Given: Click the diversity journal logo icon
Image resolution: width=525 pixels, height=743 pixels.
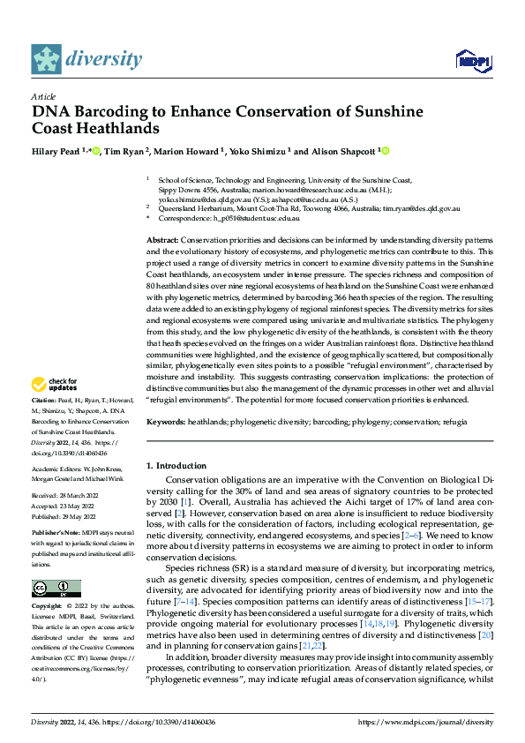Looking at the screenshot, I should tap(46, 59).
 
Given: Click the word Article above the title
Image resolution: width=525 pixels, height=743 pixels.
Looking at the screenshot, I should tap(42, 95).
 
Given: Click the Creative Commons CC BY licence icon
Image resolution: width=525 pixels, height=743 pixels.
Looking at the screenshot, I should tap(56, 589).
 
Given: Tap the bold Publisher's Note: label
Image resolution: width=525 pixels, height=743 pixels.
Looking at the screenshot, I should tap(56, 535).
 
